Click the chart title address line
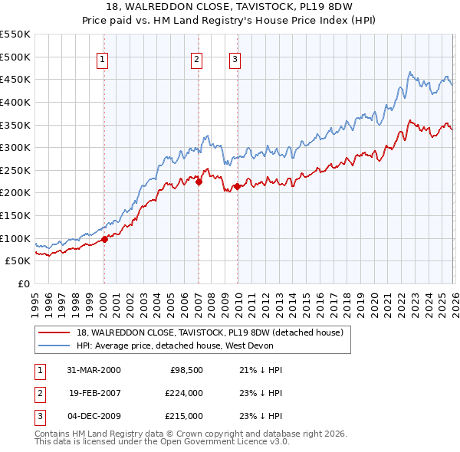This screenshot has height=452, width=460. [x=229, y=7]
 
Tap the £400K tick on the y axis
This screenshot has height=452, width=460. [x=15, y=102]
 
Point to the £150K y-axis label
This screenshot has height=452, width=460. [x=15, y=215]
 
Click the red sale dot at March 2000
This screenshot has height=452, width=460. [x=105, y=239]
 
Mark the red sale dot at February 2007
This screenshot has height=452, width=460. [x=198, y=182]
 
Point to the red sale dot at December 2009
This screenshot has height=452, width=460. [x=237, y=186]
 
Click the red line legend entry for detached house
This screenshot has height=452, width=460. [x=214, y=332]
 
